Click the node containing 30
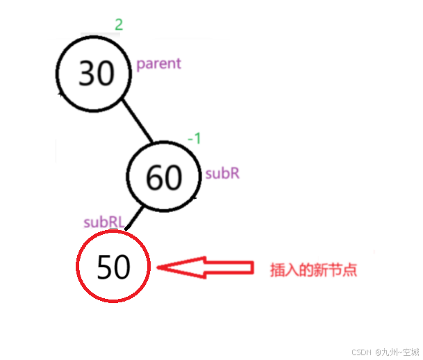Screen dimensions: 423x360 pos(96,73)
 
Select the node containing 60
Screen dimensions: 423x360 pos(164,178)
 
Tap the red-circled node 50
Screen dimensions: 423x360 pos(113,267)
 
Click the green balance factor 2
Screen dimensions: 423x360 pos(119,26)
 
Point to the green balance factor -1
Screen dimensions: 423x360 pos(194,139)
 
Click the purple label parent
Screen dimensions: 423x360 pos(158,64)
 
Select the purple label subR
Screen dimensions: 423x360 pos(222,174)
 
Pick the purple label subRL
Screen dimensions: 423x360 pos(103,222)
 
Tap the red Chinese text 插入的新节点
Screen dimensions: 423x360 pos(313,270)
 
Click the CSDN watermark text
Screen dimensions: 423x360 pos(358,352)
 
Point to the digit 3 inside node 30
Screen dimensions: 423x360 pos(87,73)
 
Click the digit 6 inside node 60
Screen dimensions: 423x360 pos(154,179)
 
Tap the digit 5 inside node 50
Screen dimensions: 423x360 pos(104,267)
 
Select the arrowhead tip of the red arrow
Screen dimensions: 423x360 pos(159,268)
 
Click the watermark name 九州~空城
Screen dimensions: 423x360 pos(397,352)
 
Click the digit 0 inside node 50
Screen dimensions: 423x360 pos(122,267)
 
